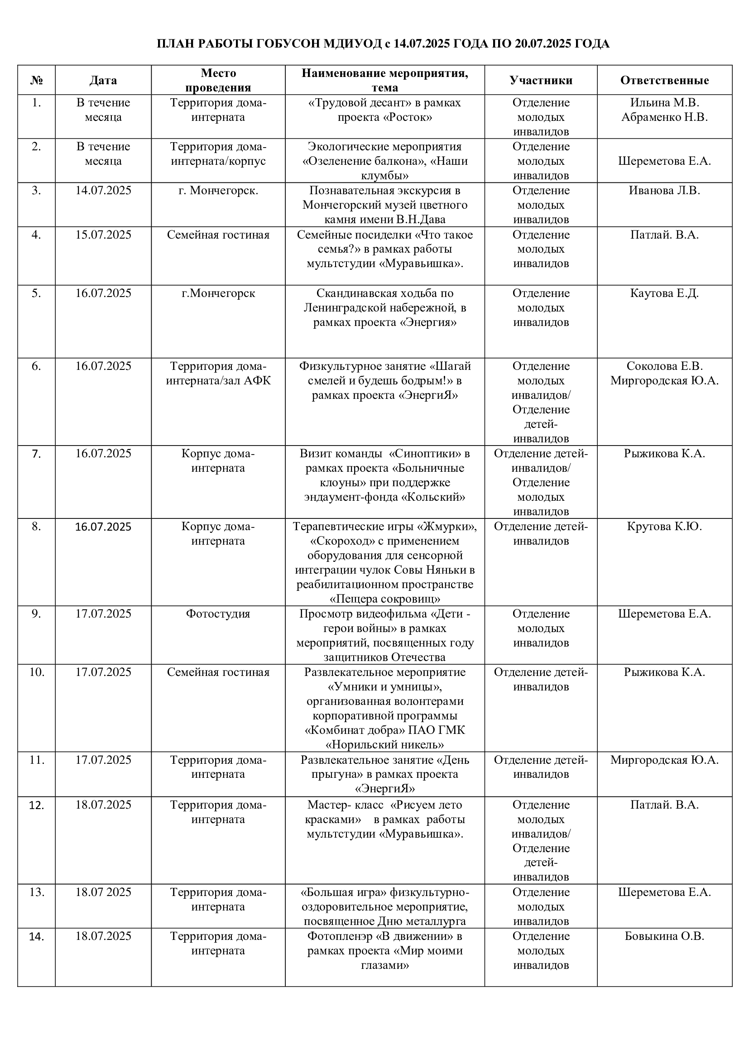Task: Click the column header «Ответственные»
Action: [x=664, y=80]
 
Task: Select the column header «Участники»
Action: [x=541, y=80]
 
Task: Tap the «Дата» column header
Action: [x=103, y=80]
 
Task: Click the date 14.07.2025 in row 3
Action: [x=103, y=191]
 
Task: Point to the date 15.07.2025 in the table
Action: [x=103, y=235]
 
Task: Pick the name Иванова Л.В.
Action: [x=664, y=191]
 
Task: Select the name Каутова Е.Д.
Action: [x=664, y=293]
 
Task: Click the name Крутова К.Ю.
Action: [x=664, y=526]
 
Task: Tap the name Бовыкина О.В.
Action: [x=664, y=936]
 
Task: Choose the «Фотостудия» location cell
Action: [x=218, y=614]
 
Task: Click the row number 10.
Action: [x=36, y=672]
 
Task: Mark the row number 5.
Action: [x=36, y=293]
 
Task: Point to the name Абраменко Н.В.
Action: [x=664, y=117]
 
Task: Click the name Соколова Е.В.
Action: [x=664, y=366]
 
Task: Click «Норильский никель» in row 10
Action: [x=385, y=745]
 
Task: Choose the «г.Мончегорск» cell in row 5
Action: [x=218, y=293]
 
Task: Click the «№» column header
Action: [x=36, y=80]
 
